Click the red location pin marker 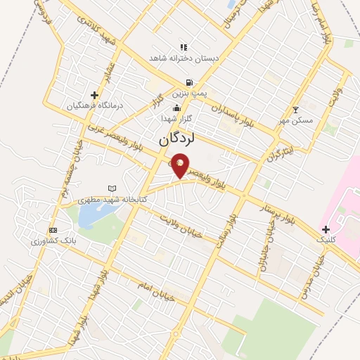click(181, 165)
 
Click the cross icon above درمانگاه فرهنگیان click(95, 95)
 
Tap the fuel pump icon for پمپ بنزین click(189, 82)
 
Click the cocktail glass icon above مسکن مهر click(295, 110)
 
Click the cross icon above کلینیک click(325, 229)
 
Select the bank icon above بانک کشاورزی click(52, 230)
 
